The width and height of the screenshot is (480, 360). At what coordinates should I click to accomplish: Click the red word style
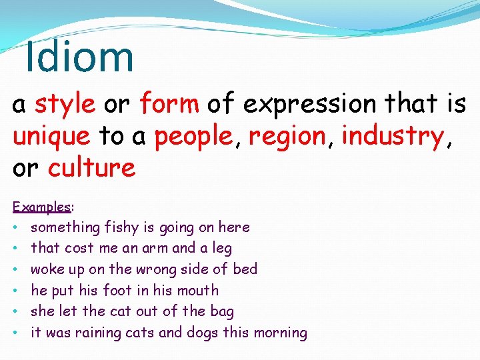[65, 104]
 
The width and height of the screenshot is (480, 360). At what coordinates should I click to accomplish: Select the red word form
[169, 104]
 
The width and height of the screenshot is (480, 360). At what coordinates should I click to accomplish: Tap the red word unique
[51, 136]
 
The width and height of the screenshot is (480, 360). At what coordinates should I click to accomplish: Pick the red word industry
[392, 137]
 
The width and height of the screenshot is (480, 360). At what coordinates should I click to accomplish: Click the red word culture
[91, 167]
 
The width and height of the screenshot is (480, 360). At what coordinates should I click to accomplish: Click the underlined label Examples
[41, 207]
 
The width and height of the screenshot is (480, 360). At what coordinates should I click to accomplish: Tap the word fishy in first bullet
[121, 227]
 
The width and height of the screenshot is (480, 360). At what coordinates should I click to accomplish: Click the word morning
[281, 333]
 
